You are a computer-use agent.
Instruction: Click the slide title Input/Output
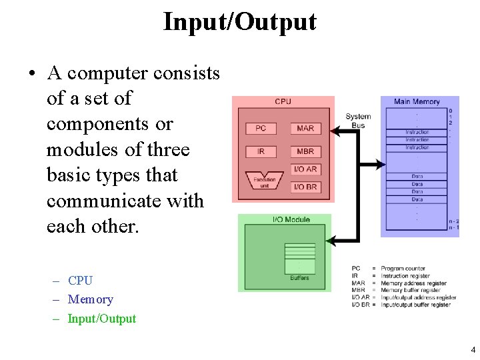(239, 22)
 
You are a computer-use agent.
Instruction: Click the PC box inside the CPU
(261, 128)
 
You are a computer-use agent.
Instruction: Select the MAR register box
(305, 128)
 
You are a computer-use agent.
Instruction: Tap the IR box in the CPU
(261, 151)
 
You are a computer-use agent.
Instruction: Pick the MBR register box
(305, 151)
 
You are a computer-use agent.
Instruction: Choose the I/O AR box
(305, 169)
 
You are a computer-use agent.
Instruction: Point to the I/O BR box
(305, 187)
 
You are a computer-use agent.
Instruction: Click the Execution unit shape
(265, 181)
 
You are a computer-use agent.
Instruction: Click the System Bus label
(358, 121)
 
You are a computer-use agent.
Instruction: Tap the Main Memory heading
(417, 101)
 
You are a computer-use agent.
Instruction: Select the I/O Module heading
(291, 219)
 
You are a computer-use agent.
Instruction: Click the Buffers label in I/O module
(299, 277)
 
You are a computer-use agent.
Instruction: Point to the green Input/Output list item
(101, 319)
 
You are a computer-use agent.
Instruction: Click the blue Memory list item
(90, 300)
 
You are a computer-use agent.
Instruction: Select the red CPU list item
(80, 281)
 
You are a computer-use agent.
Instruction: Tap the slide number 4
(473, 350)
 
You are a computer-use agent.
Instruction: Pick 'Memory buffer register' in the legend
(411, 290)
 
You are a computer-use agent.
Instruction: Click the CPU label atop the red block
(283, 101)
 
